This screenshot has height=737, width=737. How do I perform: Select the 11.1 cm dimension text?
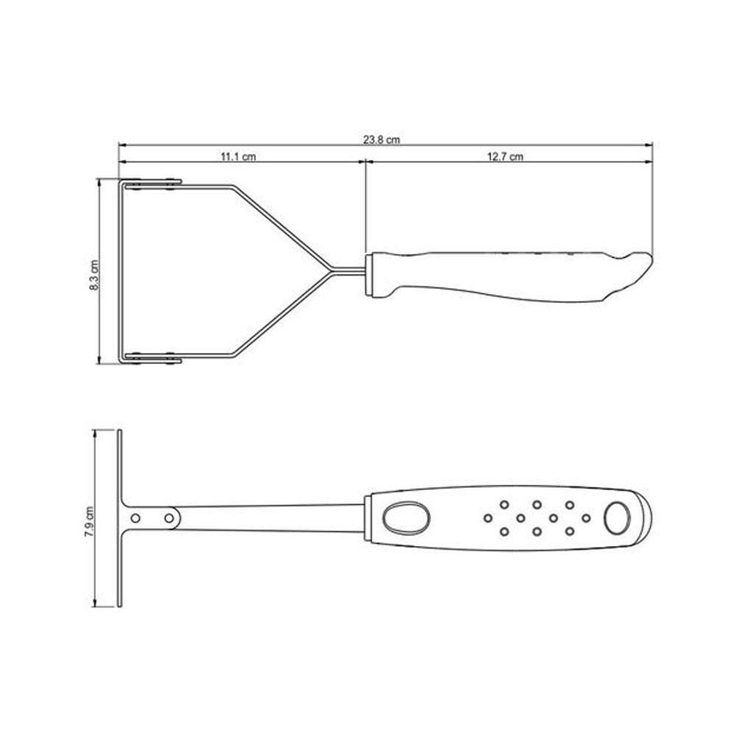[237, 156]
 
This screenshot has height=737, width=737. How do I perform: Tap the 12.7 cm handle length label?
[505, 156]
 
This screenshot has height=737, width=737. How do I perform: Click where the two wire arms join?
[329, 270]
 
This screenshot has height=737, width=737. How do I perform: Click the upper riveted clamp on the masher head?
[153, 184]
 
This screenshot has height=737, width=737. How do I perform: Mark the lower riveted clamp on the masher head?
[153, 358]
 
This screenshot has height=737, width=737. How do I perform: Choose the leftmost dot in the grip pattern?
[488, 518]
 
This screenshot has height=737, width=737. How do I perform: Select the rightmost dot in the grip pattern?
[586, 518]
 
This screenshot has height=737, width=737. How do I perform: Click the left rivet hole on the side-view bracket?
[134, 518]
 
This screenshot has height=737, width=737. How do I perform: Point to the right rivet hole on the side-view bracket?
[169, 518]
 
